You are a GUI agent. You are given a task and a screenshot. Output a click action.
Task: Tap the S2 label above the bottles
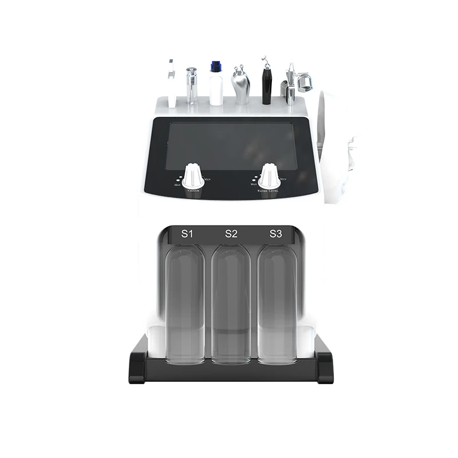(231, 234)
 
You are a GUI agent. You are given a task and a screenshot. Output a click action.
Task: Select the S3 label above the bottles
(275, 234)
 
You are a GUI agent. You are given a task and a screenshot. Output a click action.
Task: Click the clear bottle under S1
(184, 303)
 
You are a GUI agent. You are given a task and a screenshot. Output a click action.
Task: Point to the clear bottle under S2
(231, 303)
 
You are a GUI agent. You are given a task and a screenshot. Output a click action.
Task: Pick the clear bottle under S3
(277, 303)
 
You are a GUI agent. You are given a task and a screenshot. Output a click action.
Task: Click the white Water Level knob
(269, 175)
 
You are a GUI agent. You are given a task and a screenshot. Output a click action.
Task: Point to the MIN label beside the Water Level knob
(283, 180)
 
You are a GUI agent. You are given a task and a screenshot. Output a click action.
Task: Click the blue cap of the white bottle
(216, 66)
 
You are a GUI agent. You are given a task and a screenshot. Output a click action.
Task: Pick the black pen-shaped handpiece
(266, 86)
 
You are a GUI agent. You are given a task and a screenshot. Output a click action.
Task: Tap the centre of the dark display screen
(230, 145)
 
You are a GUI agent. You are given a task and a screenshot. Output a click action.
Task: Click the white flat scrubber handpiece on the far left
(172, 83)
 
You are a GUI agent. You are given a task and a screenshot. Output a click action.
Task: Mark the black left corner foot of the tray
(138, 367)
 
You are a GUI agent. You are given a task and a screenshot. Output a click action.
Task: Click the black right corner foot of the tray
(323, 367)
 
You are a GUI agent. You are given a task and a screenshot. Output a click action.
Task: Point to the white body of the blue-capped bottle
(216, 90)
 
